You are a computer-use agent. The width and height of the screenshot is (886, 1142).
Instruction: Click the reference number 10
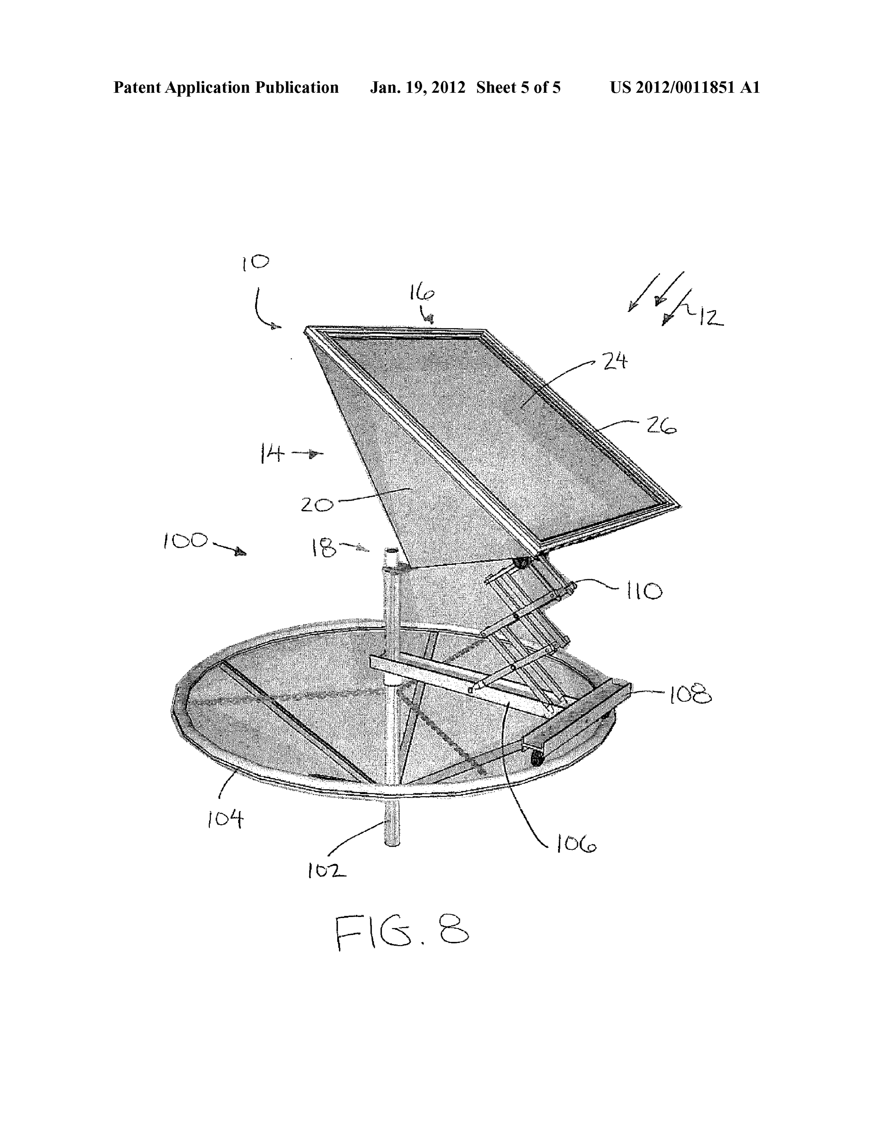(x=255, y=263)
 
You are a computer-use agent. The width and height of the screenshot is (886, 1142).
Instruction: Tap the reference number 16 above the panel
(x=422, y=294)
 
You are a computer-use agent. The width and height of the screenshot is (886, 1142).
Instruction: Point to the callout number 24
(x=615, y=361)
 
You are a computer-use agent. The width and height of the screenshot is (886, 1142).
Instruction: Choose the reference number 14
(x=272, y=453)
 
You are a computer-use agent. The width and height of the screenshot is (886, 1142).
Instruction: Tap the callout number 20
(x=317, y=505)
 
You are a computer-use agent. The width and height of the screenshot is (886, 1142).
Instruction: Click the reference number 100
(x=186, y=541)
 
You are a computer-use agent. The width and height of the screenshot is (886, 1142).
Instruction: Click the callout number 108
(x=689, y=695)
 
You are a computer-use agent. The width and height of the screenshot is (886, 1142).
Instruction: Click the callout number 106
(x=576, y=844)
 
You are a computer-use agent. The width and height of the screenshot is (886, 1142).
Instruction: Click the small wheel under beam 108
(x=537, y=759)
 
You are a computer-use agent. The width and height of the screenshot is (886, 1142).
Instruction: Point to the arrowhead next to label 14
(x=315, y=454)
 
